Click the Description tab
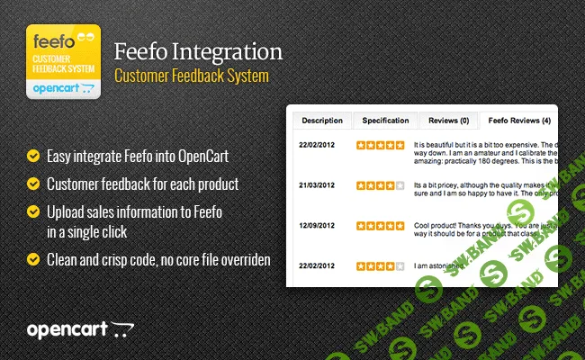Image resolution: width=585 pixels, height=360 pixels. pyautogui.click(x=322, y=121)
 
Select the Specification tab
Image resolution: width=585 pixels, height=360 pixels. pyautogui.click(x=385, y=121)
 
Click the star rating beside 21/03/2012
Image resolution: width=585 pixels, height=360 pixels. pyautogui.click(x=380, y=185)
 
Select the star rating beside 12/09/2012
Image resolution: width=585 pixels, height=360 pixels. pyautogui.click(x=380, y=226)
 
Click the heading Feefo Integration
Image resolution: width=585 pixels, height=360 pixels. pyautogui.click(x=199, y=50)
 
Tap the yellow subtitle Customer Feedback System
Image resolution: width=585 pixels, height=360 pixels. pyautogui.click(x=192, y=76)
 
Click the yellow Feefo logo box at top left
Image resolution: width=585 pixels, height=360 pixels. pyautogui.click(x=62, y=61)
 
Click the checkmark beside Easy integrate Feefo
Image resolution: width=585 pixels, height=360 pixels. pyautogui.click(x=33, y=156)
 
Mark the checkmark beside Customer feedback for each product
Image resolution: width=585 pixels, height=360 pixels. pyautogui.click(x=33, y=184)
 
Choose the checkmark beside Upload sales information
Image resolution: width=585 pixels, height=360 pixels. pyautogui.click(x=33, y=211)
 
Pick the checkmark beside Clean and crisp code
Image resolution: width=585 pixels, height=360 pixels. pyautogui.click(x=33, y=259)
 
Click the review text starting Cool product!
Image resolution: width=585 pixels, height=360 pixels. pyautogui.click(x=481, y=231)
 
